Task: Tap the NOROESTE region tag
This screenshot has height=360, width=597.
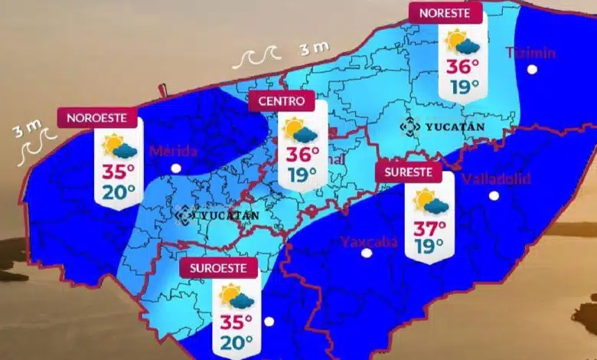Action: click(x=98, y=118)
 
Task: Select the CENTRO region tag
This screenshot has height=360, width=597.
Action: click(x=282, y=100)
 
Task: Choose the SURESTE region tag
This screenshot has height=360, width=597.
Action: click(x=409, y=172)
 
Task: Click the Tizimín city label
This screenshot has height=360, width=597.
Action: click(x=530, y=53)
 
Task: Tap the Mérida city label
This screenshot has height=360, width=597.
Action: click(x=173, y=151)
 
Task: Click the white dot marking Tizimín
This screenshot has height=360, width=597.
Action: click(x=532, y=70)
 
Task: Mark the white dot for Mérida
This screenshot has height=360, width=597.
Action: click(x=176, y=168)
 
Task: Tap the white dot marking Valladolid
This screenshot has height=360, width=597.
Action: click(x=494, y=196)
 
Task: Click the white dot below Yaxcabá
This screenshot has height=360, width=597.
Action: click(x=367, y=253)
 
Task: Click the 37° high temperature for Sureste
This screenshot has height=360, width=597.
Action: click(x=429, y=228)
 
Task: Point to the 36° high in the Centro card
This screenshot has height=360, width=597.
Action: click(x=302, y=155)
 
